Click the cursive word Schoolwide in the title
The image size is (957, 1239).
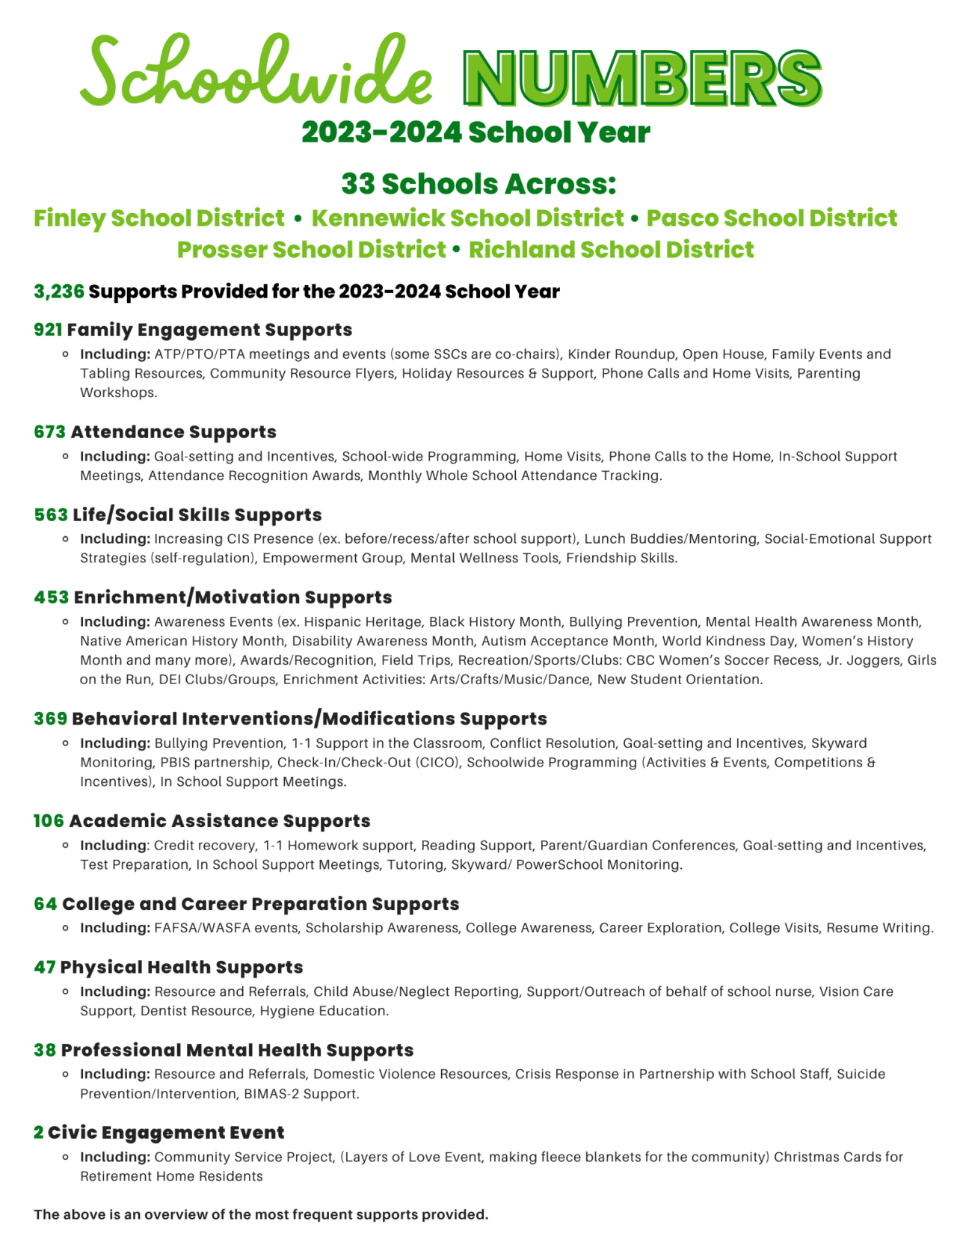(256, 73)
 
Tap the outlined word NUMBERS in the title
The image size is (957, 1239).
(642, 79)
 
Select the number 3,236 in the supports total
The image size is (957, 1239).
(59, 292)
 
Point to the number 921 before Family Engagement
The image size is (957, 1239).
(48, 330)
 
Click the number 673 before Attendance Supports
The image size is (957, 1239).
(50, 432)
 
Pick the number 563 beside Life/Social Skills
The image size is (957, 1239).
(51, 515)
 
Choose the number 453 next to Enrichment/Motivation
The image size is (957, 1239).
(51, 597)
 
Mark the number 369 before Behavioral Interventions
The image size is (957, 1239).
(50, 719)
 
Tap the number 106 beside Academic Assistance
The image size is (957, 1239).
(49, 821)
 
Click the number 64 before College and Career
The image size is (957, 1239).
(45, 904)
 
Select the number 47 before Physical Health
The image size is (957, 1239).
(45, 968)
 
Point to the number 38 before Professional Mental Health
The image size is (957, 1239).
(45, 1051)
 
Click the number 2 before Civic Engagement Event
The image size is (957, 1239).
(39, 1133)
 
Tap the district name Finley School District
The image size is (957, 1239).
(159, 218)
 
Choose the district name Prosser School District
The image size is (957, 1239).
(311, 250)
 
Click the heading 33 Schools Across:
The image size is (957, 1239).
(478, 184)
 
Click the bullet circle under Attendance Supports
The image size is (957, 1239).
(66, 456)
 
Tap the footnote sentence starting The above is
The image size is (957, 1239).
(261, 1214)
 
